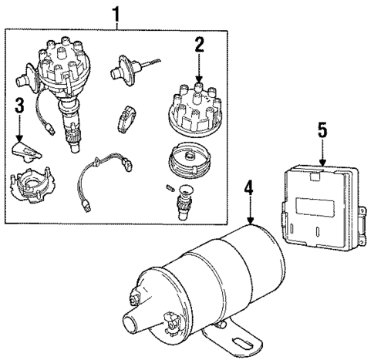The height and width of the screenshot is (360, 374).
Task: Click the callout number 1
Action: (x=116, y=13)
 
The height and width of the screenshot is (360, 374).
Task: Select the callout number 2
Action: (x=199, y=45)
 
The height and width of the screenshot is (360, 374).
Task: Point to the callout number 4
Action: (x=248, y=188)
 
